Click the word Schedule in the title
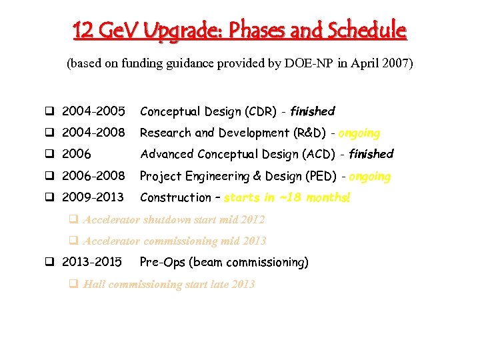coord(365,30)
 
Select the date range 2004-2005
coord(93,111)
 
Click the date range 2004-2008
coord(93,133)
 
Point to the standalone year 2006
coord(76,154)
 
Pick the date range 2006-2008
coord(93,176)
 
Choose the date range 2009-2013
coord(93,197)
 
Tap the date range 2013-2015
coord(92,262)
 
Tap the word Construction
coord(175,197)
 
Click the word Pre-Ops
coord(162,262)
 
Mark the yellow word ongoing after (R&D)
coord(359,133)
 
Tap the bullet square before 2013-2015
coord(49,263)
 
